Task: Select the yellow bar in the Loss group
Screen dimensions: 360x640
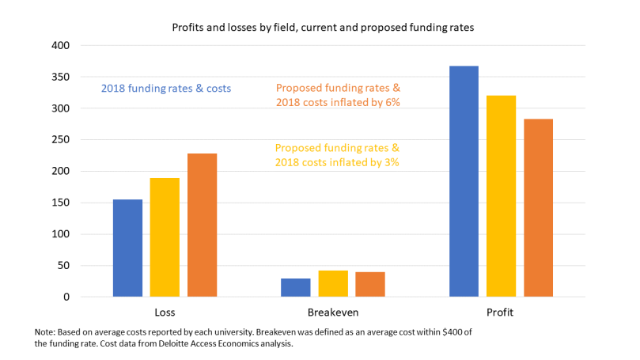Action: (x=165, y=237)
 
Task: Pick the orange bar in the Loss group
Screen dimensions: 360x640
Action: (x=202, y=225)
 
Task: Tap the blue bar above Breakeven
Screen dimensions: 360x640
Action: (x=296, y=287)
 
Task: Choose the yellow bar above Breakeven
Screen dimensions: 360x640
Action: (x=333, y=283)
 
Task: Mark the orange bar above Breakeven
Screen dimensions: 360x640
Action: (x=369, y=284)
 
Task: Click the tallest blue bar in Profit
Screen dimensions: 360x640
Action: (x=464, y=181)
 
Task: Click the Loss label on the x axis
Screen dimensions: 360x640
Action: (x=165, y=313)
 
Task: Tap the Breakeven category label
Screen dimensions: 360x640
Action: (x=333, y=313)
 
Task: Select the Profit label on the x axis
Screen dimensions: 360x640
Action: (x=500, y=313)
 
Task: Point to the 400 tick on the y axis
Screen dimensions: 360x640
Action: (x=61, y=46)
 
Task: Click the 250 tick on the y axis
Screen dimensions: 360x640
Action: (x=61, y=140)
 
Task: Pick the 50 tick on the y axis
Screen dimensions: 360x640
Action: (x=64, y=266)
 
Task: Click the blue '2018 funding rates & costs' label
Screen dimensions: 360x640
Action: (x=166, y=89)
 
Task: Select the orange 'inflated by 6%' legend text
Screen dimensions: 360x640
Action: (x=337, y=96)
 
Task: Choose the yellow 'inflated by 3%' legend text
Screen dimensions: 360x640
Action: (x=337, y=155)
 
